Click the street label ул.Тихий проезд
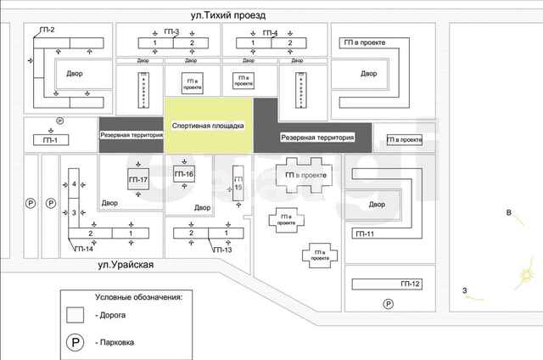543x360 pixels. coord(228,15)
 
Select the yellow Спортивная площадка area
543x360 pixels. coord(208,126)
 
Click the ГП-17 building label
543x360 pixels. coord(137,181)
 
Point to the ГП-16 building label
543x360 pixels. coord(183,174)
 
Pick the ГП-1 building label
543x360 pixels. coord(51,140)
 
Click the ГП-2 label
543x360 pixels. coord(47,31)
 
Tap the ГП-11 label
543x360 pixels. coord(366,233)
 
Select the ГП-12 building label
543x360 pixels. coord(410,283)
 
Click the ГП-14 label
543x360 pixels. coord(84,249)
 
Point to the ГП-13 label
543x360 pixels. coord(222,250)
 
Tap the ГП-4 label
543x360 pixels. coord(270,32)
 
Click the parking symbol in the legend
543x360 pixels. coord(76,342)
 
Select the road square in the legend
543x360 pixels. coord(76,314)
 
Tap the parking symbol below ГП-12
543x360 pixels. coord(388,304)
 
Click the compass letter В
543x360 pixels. coord(508,212)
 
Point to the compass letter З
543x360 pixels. coord(465,291)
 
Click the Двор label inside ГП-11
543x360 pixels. coord(378,205)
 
